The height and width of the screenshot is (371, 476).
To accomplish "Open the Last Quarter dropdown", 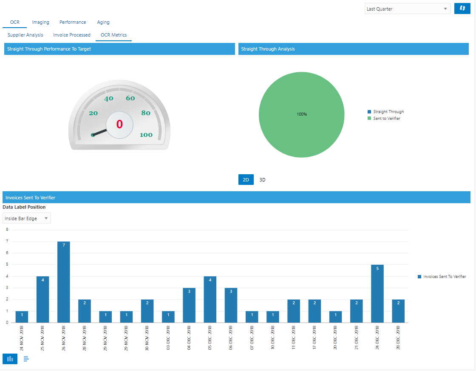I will click(x=407, y=9).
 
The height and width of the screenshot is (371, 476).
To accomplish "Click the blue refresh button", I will click(x=462, y=9).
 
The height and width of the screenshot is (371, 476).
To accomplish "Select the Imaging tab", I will click(x=41, y=22).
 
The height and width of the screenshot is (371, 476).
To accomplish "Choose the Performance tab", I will click(x=73, y=22).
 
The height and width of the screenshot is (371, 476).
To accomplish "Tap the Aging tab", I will click(x=103, y=22).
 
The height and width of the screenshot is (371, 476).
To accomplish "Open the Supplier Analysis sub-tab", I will click(x=25, y=35).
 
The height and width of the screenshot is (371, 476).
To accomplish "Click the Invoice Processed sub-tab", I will click(x=72, y=35).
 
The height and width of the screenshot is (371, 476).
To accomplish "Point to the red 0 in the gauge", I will click(x=119, y=124).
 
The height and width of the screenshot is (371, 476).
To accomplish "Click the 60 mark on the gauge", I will click(x=130, y=98).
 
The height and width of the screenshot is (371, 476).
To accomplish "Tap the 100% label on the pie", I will click(x=302, y=114).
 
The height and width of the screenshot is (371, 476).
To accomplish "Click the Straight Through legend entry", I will click(x=388, y=112).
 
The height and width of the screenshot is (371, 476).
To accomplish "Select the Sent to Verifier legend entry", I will click(x=386, y=119).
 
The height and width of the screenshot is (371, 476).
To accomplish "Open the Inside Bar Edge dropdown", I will click(x=27, y=218).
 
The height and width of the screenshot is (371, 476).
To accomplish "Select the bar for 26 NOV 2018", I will click(x=64, y=282).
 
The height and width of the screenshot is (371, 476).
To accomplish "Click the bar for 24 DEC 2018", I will click(x=377, y=293).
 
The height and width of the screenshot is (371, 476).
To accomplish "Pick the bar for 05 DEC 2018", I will click(x=210, y=299).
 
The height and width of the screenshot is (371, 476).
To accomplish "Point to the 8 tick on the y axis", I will click(x=7, y=229).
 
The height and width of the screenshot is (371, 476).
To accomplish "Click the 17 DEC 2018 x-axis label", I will click(x=315, y=338).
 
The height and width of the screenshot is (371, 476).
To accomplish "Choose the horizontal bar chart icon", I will click(x=26, y=359).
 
